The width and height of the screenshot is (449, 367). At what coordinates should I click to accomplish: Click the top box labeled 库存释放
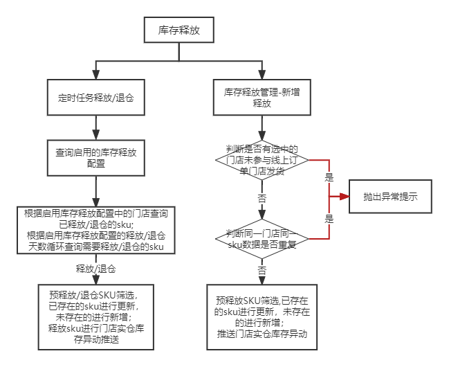click(x=178, y=31)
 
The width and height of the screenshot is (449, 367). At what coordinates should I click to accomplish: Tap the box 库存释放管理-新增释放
click(x=262, y=97)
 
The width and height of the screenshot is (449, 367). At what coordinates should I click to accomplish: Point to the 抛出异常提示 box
click(x=392, y=197)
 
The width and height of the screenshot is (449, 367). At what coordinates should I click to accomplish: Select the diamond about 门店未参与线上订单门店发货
click(x=262, y=161)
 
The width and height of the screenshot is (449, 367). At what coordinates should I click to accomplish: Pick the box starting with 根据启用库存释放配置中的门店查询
click(x=95, y=229)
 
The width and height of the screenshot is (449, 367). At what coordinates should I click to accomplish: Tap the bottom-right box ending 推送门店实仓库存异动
click(x=262, y=319)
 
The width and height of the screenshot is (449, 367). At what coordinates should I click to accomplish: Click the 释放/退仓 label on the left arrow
click(x=95, y=268)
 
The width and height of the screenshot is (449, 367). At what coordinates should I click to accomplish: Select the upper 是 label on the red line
click(x=329, y=177)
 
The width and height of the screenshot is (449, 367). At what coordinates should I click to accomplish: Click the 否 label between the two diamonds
click(x=262, y=198)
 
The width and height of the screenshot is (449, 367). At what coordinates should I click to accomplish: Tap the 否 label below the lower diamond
click(x=262, y=270)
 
